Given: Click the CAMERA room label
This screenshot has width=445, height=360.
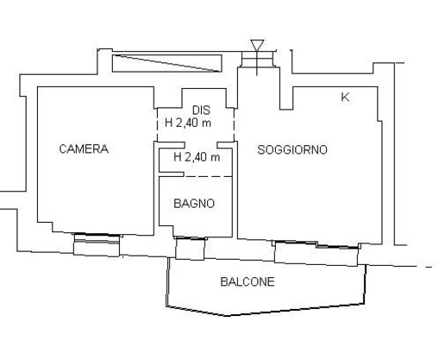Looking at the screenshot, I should [83, 148].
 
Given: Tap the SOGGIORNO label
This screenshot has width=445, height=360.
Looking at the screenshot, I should [292, 149].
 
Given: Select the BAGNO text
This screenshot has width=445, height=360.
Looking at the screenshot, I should [194, 204].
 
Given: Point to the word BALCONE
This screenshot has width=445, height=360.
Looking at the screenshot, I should [248, 281].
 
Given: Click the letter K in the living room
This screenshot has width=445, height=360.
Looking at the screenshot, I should [345, 98].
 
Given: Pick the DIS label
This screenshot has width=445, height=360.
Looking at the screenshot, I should [201, 110].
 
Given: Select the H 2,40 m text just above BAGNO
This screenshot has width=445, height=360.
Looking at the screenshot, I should [197, 157].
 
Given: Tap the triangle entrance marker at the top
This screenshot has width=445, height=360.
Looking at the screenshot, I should [256, 45].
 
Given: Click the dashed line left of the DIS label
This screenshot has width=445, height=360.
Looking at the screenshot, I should [158, 123].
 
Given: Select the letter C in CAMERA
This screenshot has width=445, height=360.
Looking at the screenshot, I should [63, 148].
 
